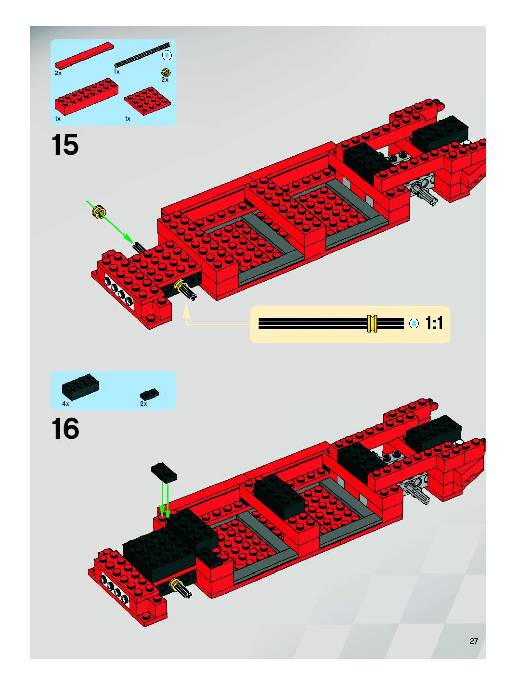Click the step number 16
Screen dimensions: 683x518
(65, 429)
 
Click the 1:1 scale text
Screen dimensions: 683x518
(434, 323)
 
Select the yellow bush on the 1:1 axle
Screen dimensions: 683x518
(372, 323)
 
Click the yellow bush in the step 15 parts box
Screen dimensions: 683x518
(166, 73)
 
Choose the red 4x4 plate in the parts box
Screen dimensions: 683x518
(148, 101)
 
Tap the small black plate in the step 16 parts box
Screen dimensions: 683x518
(150, 394)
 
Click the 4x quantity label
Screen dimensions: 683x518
(65, 404)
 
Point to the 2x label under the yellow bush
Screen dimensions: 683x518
(165, 80)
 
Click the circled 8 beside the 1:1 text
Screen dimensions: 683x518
(414, 323)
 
